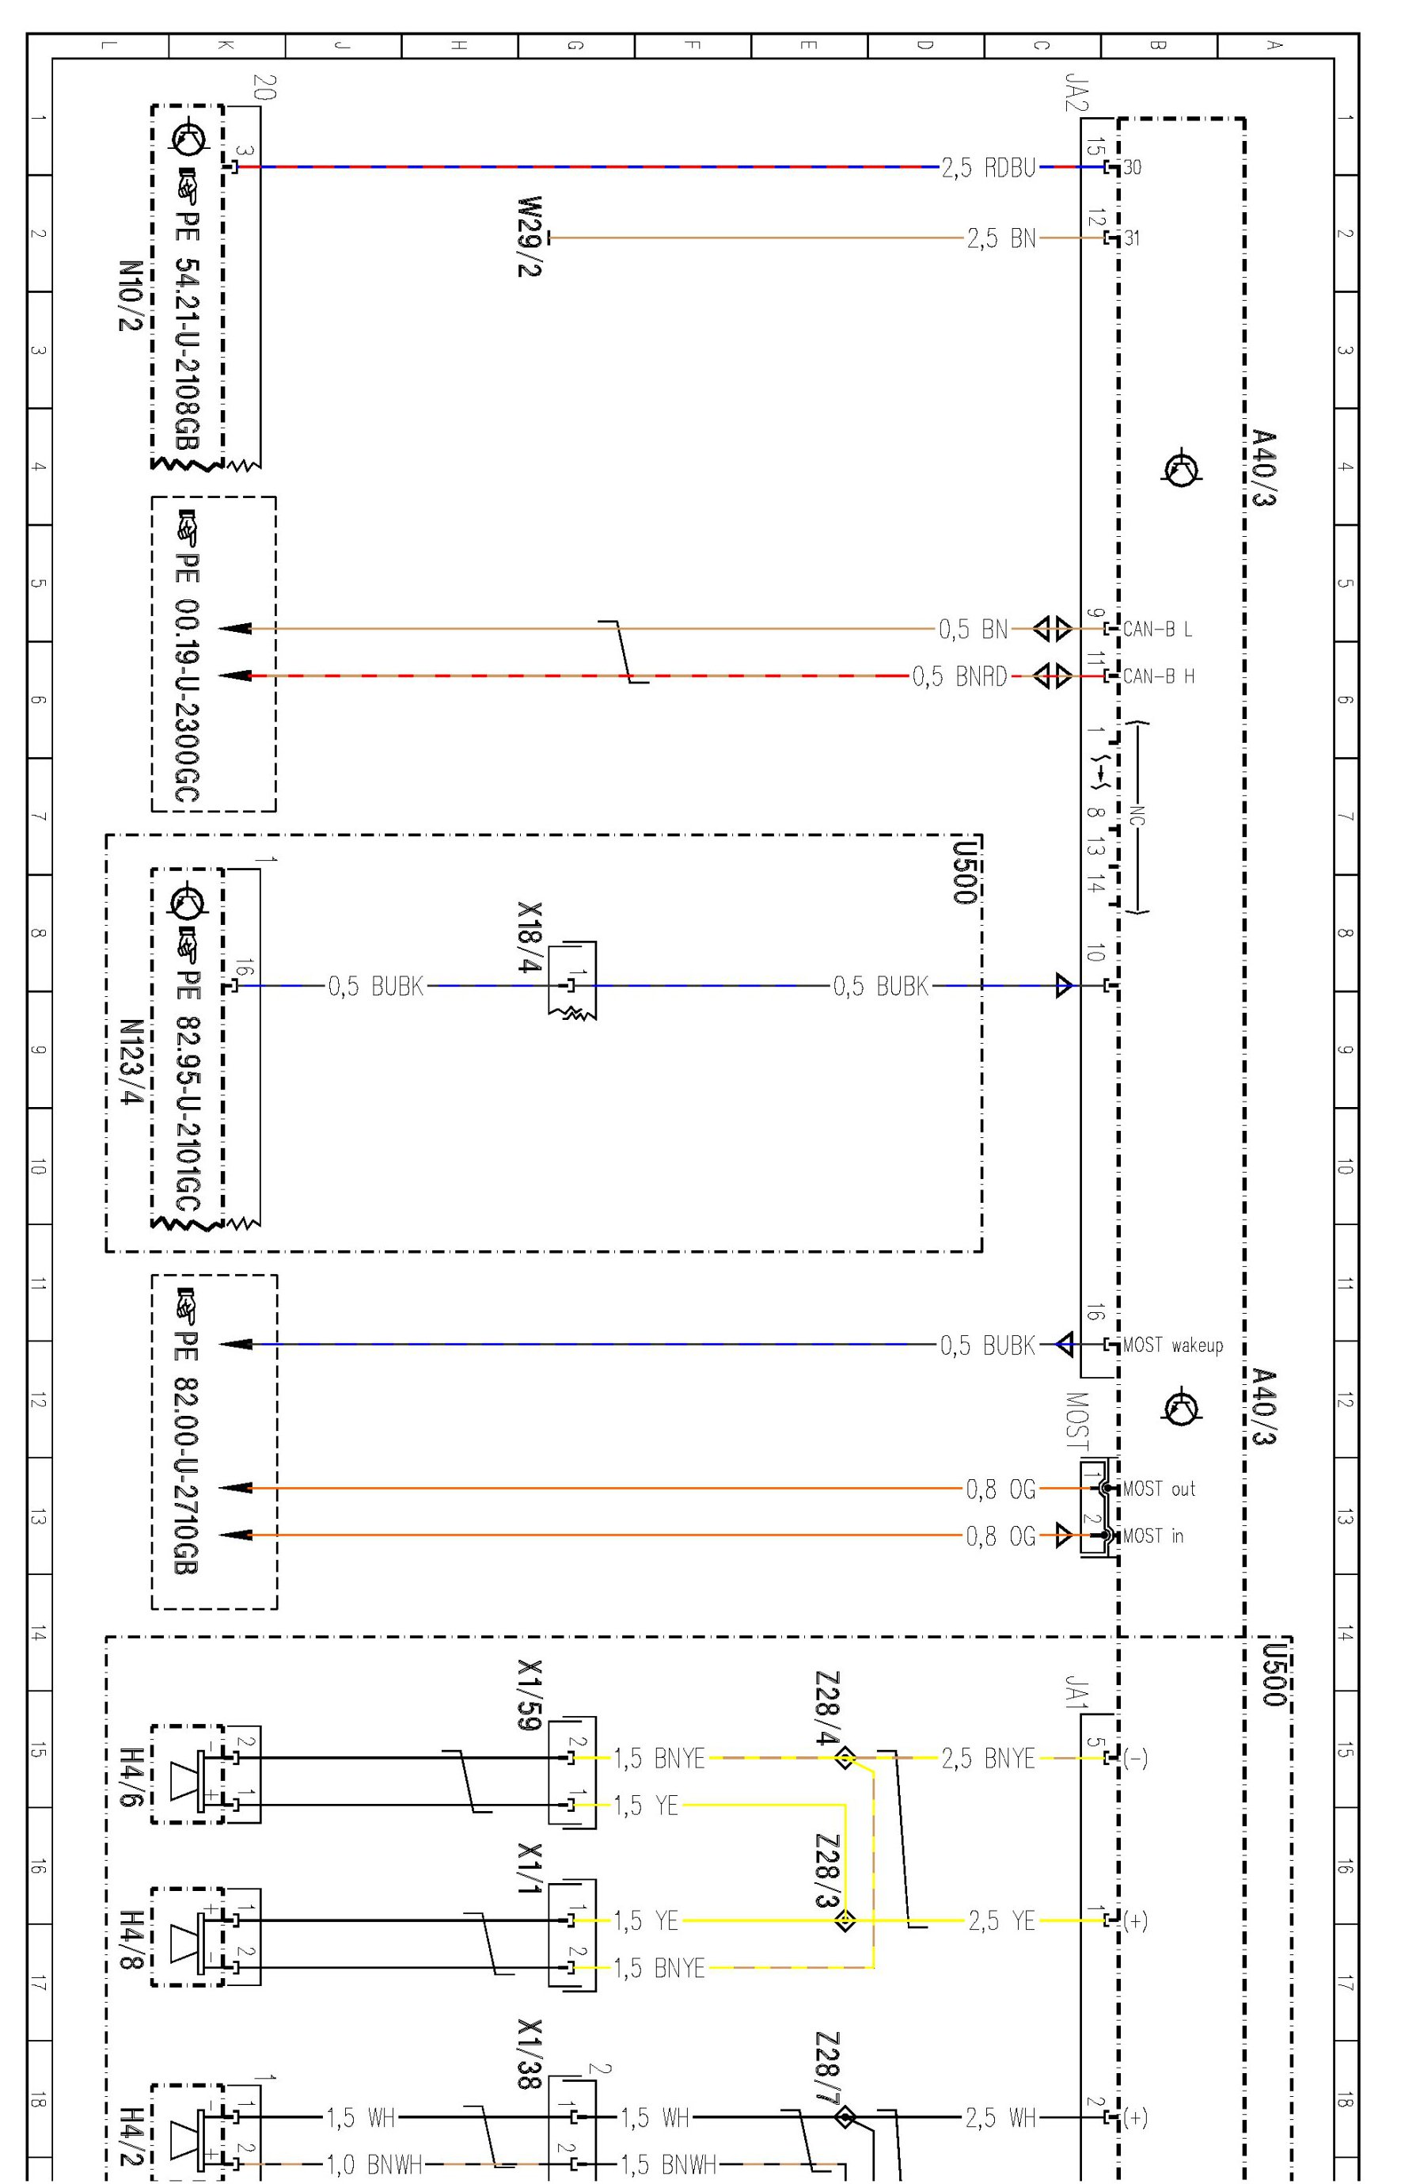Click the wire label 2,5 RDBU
tap(988, 167)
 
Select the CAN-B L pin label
tap(1157, 629)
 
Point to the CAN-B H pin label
tap(1158, 676)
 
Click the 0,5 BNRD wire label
tap(960, 676)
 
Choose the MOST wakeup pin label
tap(1173, 1344)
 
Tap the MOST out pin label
tap(1159, 1489)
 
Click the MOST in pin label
tap(1152, 1536)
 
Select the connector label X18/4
tap(530, 938)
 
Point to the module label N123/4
tap(132, 1062)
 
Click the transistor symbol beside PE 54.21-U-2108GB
tap(189, 138)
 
